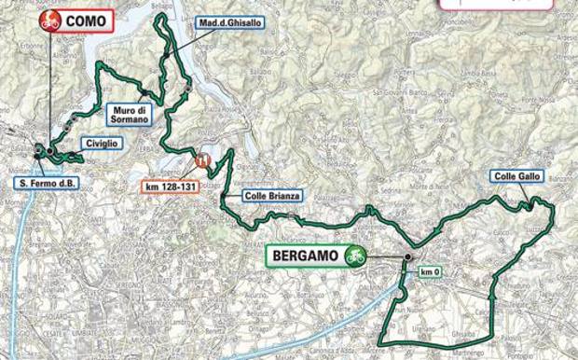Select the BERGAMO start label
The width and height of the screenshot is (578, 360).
301,253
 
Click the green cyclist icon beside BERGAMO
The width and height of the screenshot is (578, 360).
352,253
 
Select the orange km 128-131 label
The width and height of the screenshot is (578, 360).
170,186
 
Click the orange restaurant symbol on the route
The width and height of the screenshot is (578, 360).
202,160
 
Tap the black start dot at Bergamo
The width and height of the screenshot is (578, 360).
408,256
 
